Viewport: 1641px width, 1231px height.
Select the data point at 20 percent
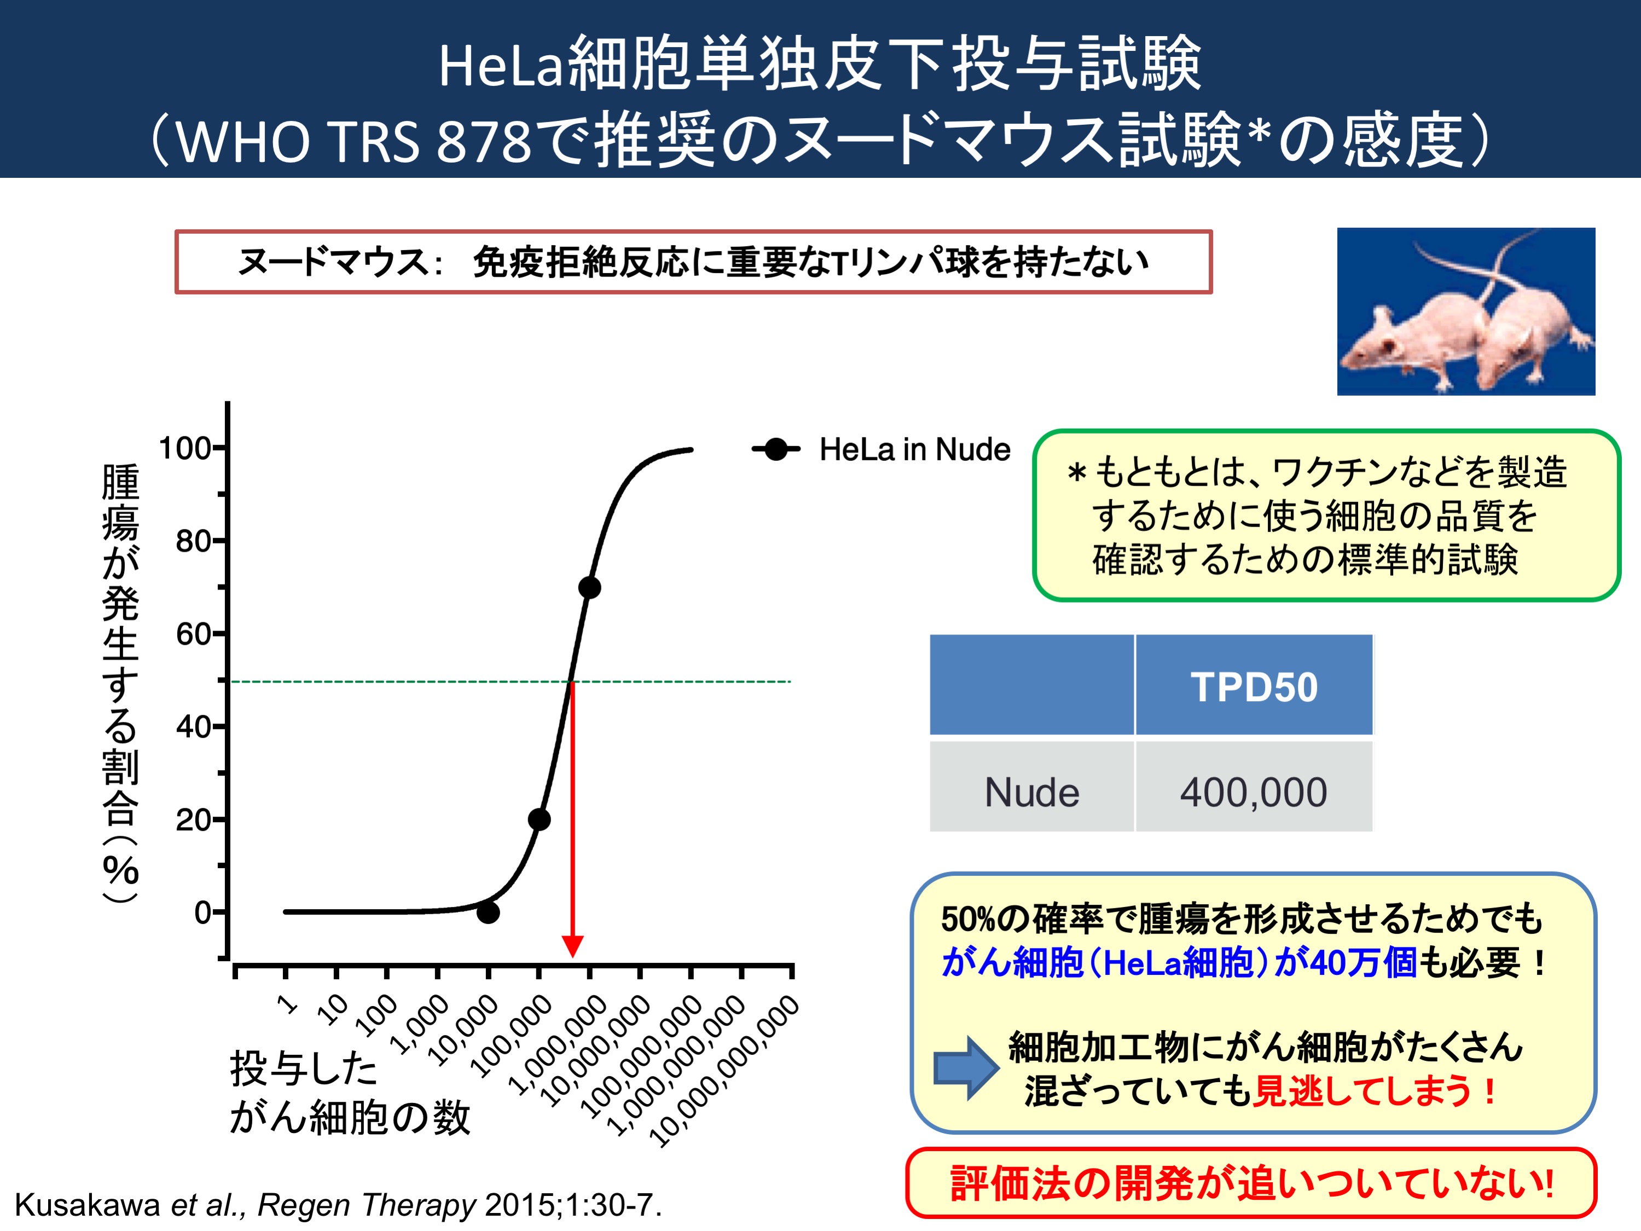[540, 820]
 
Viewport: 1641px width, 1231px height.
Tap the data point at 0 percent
[488, 912]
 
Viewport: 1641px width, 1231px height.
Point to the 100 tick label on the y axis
[185, 448]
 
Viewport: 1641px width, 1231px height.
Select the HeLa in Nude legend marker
[776, 449]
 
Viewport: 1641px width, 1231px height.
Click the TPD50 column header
[1254, 687]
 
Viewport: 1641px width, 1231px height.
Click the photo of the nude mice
[1466, 311]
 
